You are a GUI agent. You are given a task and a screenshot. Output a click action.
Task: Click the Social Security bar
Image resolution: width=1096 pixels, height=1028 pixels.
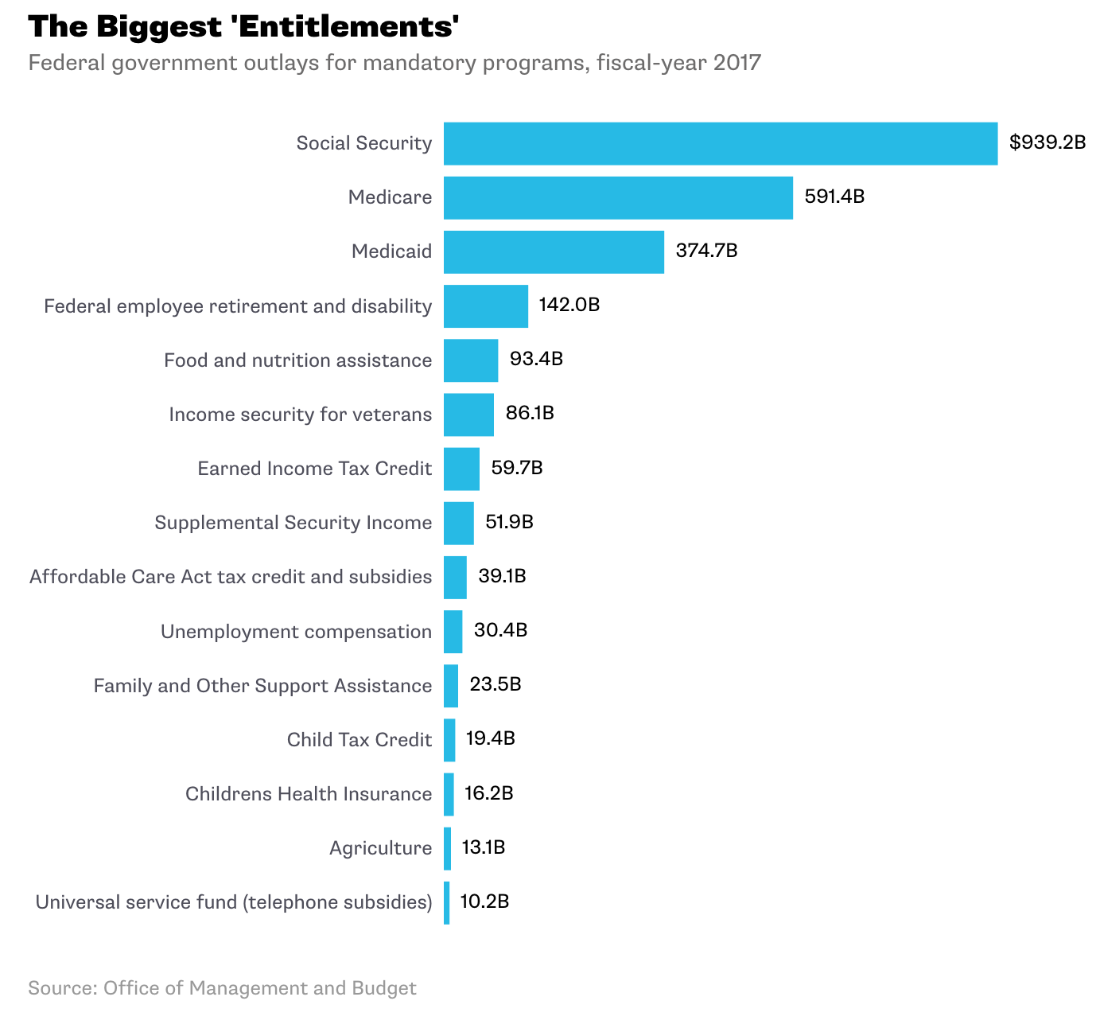click(720, 144)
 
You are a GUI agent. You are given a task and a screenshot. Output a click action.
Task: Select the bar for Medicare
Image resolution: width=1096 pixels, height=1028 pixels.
click(618, 198)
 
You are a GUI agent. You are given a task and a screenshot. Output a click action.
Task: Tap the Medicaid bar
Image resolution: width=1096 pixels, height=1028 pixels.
click(554, 252)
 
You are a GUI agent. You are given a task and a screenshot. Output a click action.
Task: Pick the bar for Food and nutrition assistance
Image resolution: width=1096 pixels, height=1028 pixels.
click(471, 360)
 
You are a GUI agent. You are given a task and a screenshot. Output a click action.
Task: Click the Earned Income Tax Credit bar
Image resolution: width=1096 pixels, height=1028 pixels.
click(461, 469)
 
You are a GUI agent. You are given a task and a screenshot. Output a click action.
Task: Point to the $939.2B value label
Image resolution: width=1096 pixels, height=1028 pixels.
click(1047, 143)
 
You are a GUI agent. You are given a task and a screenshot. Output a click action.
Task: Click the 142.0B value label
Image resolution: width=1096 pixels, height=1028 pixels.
click(569, 305)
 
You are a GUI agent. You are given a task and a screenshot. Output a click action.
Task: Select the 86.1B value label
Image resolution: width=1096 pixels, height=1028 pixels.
click(530, 414)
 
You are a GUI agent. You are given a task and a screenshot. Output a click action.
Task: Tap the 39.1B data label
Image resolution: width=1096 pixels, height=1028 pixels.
click(502, 576)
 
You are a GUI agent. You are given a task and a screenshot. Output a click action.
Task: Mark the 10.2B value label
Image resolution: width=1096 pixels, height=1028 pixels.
click(484, 901)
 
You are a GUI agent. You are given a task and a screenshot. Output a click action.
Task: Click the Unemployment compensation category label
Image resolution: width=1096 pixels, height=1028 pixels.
click(296, 632)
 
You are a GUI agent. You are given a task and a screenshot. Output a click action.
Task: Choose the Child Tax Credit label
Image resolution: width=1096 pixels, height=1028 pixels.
click(360, 740)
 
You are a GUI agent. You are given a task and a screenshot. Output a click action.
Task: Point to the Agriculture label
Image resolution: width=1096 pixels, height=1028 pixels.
click(380, 848)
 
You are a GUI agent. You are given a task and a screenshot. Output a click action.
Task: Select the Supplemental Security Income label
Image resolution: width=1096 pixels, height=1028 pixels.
click(293, 523)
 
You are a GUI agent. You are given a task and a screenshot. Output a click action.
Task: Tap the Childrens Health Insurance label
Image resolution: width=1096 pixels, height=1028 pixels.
click(309, 794)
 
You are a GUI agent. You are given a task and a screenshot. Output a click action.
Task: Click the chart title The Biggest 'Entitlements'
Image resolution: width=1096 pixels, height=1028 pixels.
click(244, 27)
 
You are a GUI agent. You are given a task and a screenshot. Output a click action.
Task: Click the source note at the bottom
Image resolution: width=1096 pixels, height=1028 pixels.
click(222, 988)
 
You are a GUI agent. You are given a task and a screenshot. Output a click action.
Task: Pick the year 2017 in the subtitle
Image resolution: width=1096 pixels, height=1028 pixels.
click(736, 62)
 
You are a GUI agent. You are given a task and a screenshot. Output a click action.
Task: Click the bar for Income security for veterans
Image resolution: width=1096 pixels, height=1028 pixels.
click(468, 415)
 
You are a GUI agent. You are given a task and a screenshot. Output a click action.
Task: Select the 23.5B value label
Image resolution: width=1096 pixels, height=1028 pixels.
click(496, 684)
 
